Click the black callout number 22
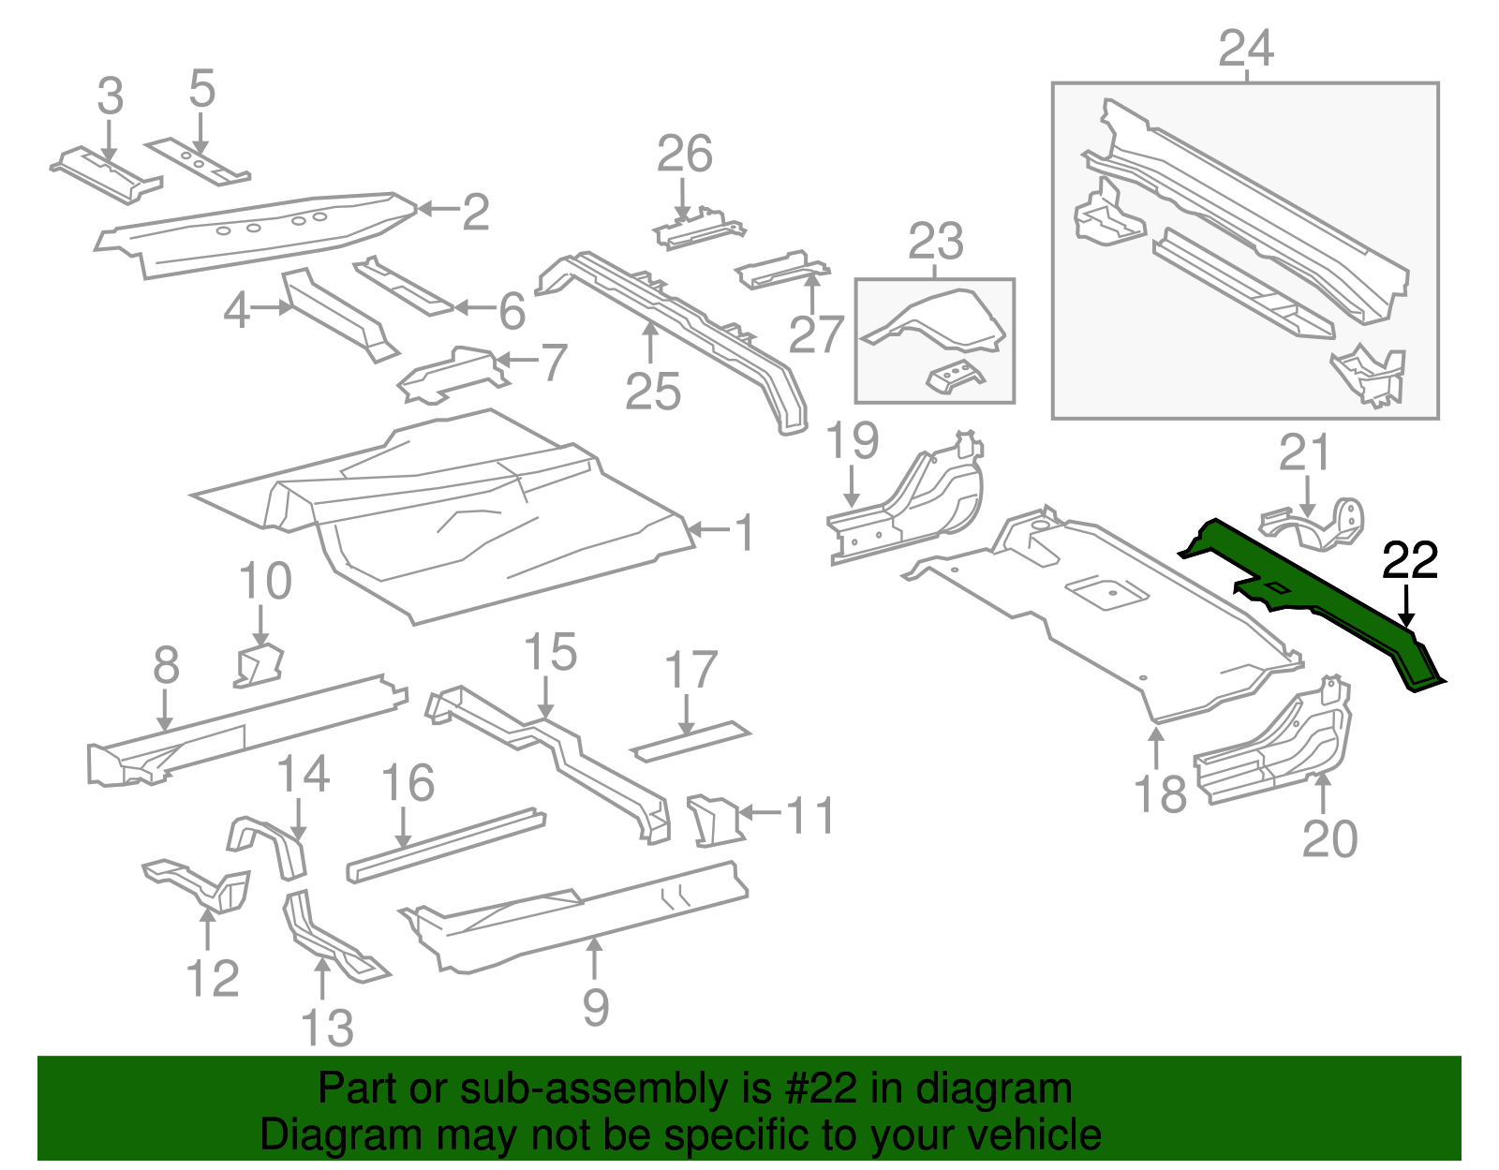(1409, 561)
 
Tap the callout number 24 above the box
(1246, 49)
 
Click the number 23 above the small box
(935, 242)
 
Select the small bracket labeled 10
(259, 664)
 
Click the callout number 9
(596, 1008)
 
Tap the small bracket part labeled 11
(714, 819)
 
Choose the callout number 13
(327, 1029)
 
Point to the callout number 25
(652, 392)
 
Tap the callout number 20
(1329, 838)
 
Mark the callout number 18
(1160, 794)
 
